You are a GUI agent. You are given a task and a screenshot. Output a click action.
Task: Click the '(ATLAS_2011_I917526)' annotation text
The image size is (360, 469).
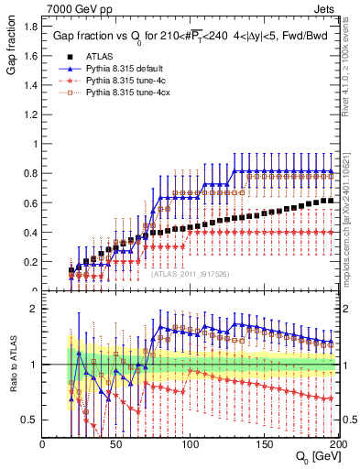(191, 272)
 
